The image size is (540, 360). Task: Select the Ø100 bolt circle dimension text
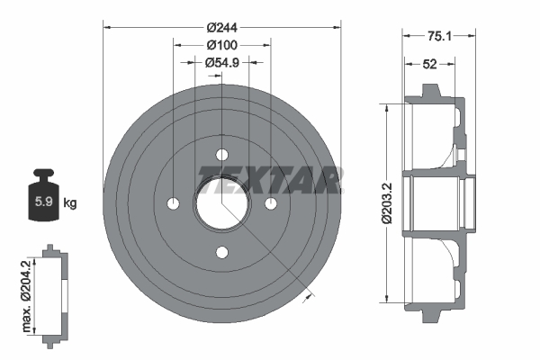[220, 45]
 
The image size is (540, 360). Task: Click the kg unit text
[69, 203]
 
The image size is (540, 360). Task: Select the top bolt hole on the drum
[221, 153]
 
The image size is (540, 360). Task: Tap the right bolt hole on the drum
[270, 202]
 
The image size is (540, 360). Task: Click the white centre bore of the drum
[221, 202]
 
